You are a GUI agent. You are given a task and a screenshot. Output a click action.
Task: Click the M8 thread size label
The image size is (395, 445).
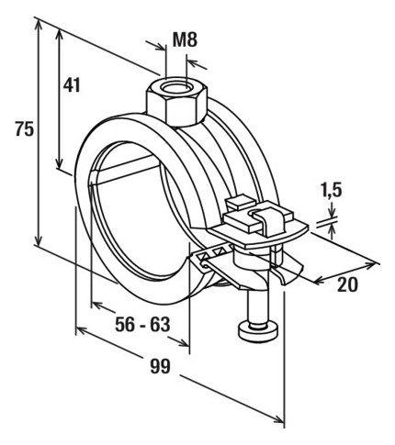186,39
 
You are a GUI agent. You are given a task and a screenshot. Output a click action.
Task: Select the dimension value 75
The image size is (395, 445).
25,128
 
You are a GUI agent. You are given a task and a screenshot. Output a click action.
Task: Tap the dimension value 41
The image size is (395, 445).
72,84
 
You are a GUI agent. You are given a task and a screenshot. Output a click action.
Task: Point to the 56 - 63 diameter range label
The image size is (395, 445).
142,324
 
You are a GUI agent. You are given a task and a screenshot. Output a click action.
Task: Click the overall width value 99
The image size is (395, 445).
160,366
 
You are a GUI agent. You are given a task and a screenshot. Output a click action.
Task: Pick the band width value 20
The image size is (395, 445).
347,284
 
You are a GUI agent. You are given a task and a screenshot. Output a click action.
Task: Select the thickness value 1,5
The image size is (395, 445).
332,191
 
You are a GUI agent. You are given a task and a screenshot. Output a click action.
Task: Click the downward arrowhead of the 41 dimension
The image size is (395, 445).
60,162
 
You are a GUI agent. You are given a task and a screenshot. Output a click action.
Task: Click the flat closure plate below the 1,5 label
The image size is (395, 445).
260,236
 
